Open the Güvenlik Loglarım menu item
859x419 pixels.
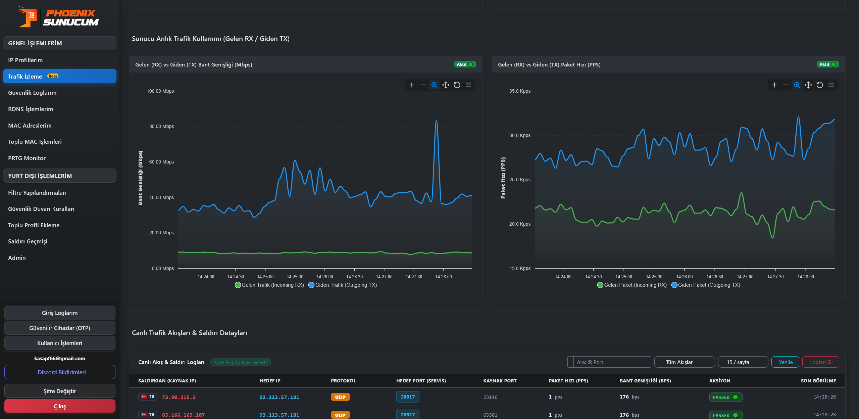pyautogui.click(x=32, y=93)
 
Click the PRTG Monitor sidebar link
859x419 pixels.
pyautogui.click(x=27, y=158)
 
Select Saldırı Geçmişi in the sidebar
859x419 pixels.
pyautogui.click(x=28, y=241)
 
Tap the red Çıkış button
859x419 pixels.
pyautogui.click(x=60, y=406)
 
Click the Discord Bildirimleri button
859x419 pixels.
pyautogui.click(x=60, y=372)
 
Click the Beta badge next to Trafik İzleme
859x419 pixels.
pyautogui.click(x=53, y=76)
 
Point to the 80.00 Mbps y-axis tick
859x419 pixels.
pyautogui.click(x=161, y=126)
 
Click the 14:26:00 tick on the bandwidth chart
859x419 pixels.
pyautogui.click(x=325, y=277)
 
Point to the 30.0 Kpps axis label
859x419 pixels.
pyautogui.click(x=520, y=135)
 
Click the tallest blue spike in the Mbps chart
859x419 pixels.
pyautogui.click(x=436, y=120)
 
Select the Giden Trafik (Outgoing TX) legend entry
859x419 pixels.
pyautogui.click(x=343, y=285)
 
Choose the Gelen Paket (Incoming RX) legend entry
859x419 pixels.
pyautogui.click(x=632, y=285)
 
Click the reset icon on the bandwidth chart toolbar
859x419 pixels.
pyautogui.click(x=457, y=85)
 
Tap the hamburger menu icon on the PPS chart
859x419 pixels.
pyautogui.click(x=831, y=85)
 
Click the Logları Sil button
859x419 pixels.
pyautogui.click(x=821, y=362)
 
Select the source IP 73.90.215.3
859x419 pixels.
pyautogui.click(x=179, y=397)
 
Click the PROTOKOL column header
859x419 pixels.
pyautogui.click(x=343, y=381)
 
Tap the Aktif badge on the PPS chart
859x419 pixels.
pyautogui.click(x=828, y=64)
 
